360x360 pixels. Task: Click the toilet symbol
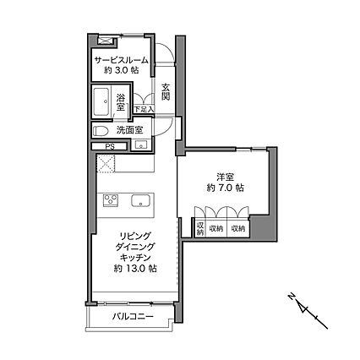pyautogui.click(x=100, y=131)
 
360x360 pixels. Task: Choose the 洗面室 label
pyautogui.click(x=129, y=131)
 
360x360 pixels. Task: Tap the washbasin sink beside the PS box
pyautogui.click(x=139, y=146)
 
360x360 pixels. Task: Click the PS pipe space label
pyautogui.click(x=110, y=146)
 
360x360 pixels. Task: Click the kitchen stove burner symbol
pyautogui.click(x=111, y=200)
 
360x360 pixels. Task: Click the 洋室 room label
pyautogui.click(x=224, y=177)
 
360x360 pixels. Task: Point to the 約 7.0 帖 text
pyautogui.click(x=224, y=189)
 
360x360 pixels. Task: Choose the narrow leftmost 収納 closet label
pyautogui.click(x=200, y=228)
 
